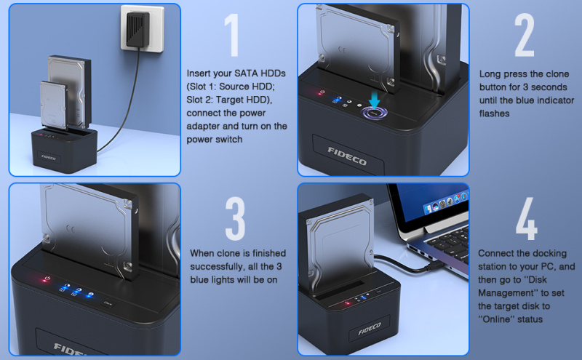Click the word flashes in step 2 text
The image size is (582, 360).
click(x=495, y=113)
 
